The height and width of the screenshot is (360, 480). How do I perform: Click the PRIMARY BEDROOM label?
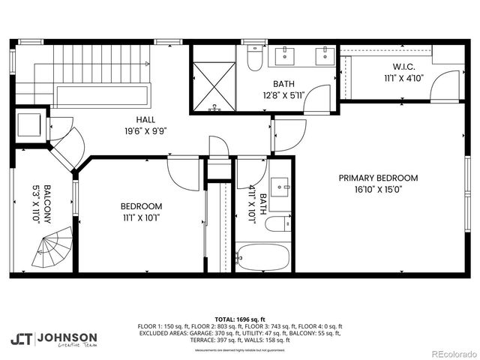click(x=378, y=178)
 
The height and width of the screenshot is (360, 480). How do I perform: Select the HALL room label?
click(x=146, y=119)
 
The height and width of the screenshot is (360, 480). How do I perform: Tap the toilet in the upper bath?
click(x=255, y=59)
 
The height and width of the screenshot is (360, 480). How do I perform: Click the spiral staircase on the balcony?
click(x=52, y=250)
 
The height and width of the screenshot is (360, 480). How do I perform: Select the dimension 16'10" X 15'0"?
click(x=378, y=190)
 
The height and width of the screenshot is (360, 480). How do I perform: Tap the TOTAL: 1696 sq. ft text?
click(x=239, y=319)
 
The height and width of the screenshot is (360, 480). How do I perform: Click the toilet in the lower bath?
click(x=275, y=223)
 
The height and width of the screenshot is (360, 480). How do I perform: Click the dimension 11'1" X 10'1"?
click(x=141, y=217)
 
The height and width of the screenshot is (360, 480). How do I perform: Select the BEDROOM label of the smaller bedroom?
click(x=141, y=205)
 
